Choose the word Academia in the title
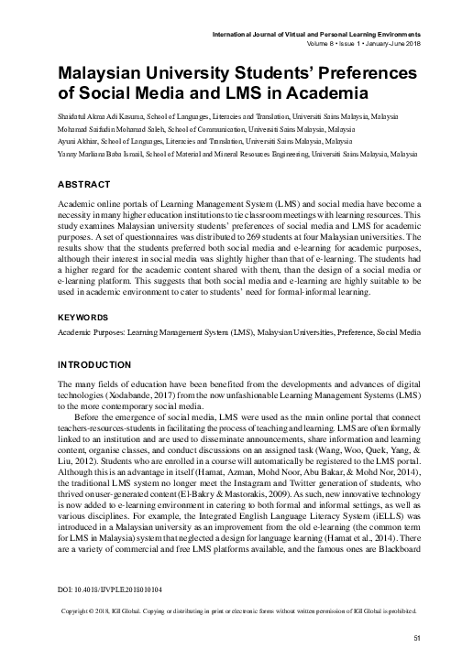coord(313,92)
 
